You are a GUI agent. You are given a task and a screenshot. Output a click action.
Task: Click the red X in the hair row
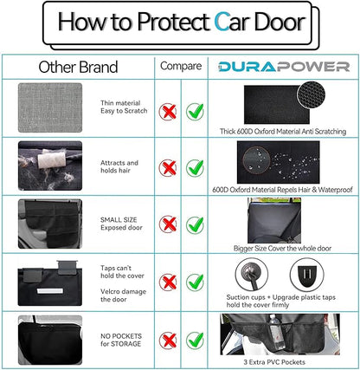[x=169, y=167]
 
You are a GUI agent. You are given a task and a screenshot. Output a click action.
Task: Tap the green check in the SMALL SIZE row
[x=196, y=223]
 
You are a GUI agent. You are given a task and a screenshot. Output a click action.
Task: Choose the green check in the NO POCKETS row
[x=196, y=339]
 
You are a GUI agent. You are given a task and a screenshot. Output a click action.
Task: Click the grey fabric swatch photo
[x=49, y=108]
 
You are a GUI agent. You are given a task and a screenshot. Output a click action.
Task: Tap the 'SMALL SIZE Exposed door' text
[x=119, y=224]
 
